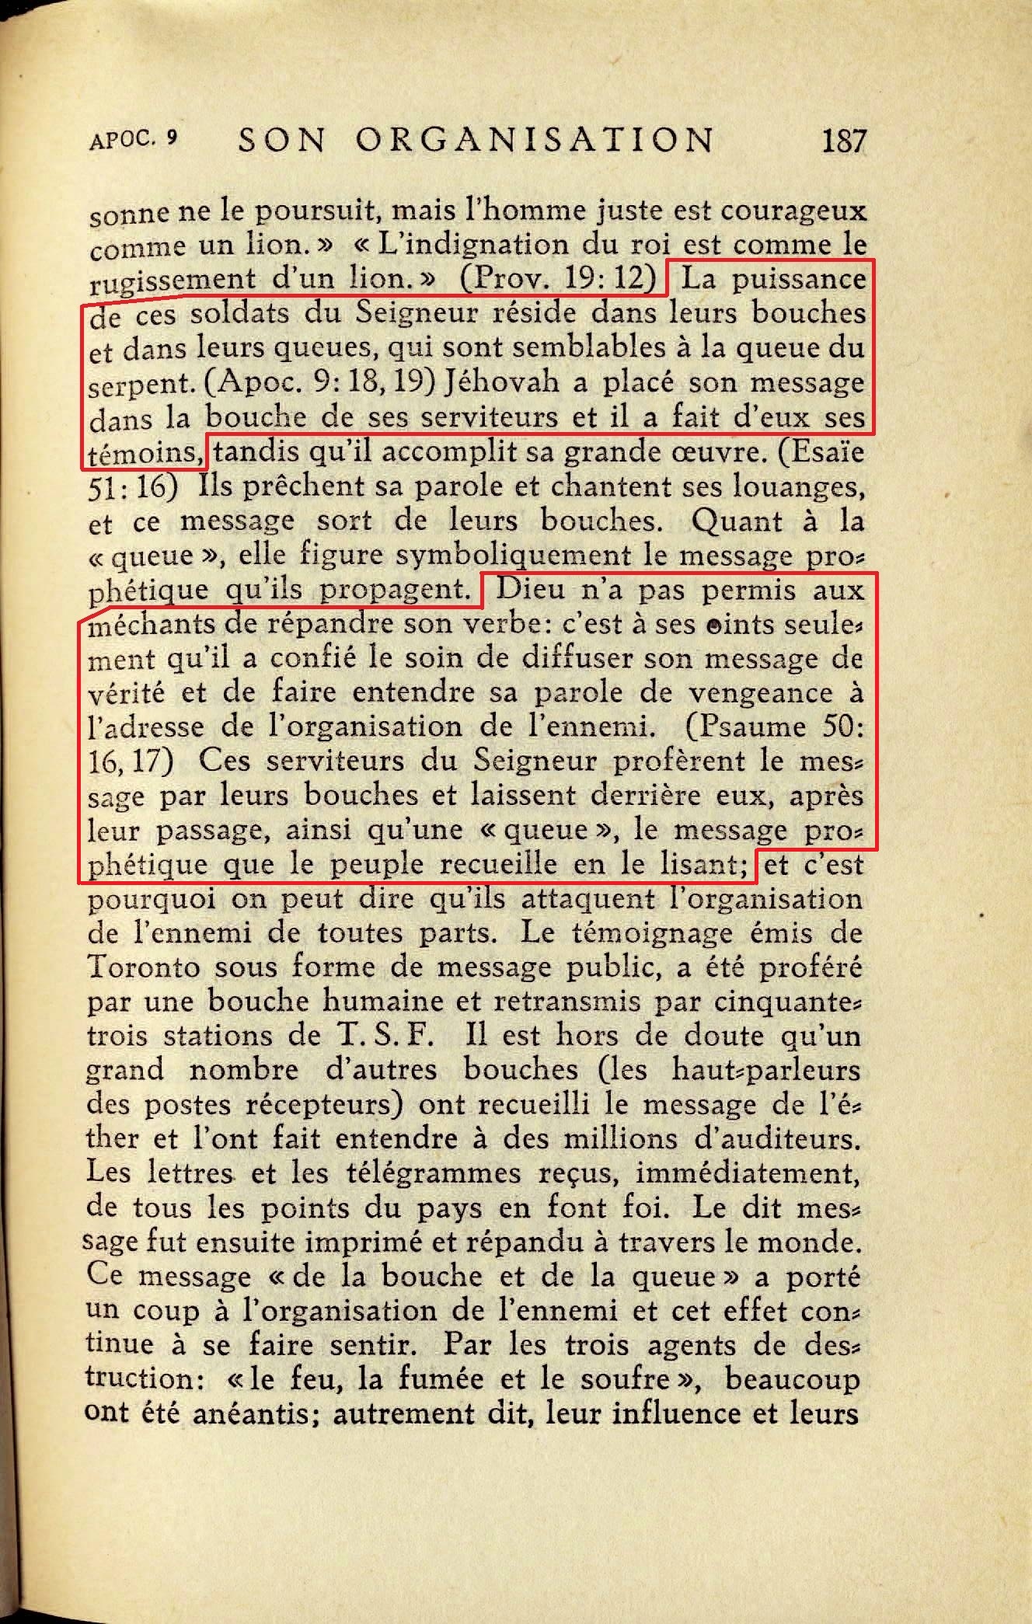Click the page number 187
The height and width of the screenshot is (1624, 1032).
click(843, 141)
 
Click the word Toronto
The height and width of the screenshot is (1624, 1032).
click(144, 967)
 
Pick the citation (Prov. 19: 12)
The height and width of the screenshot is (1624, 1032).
click(558, 278)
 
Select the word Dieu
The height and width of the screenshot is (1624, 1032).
click(530, 590)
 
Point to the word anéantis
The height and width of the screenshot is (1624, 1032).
click(256, 1413)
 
